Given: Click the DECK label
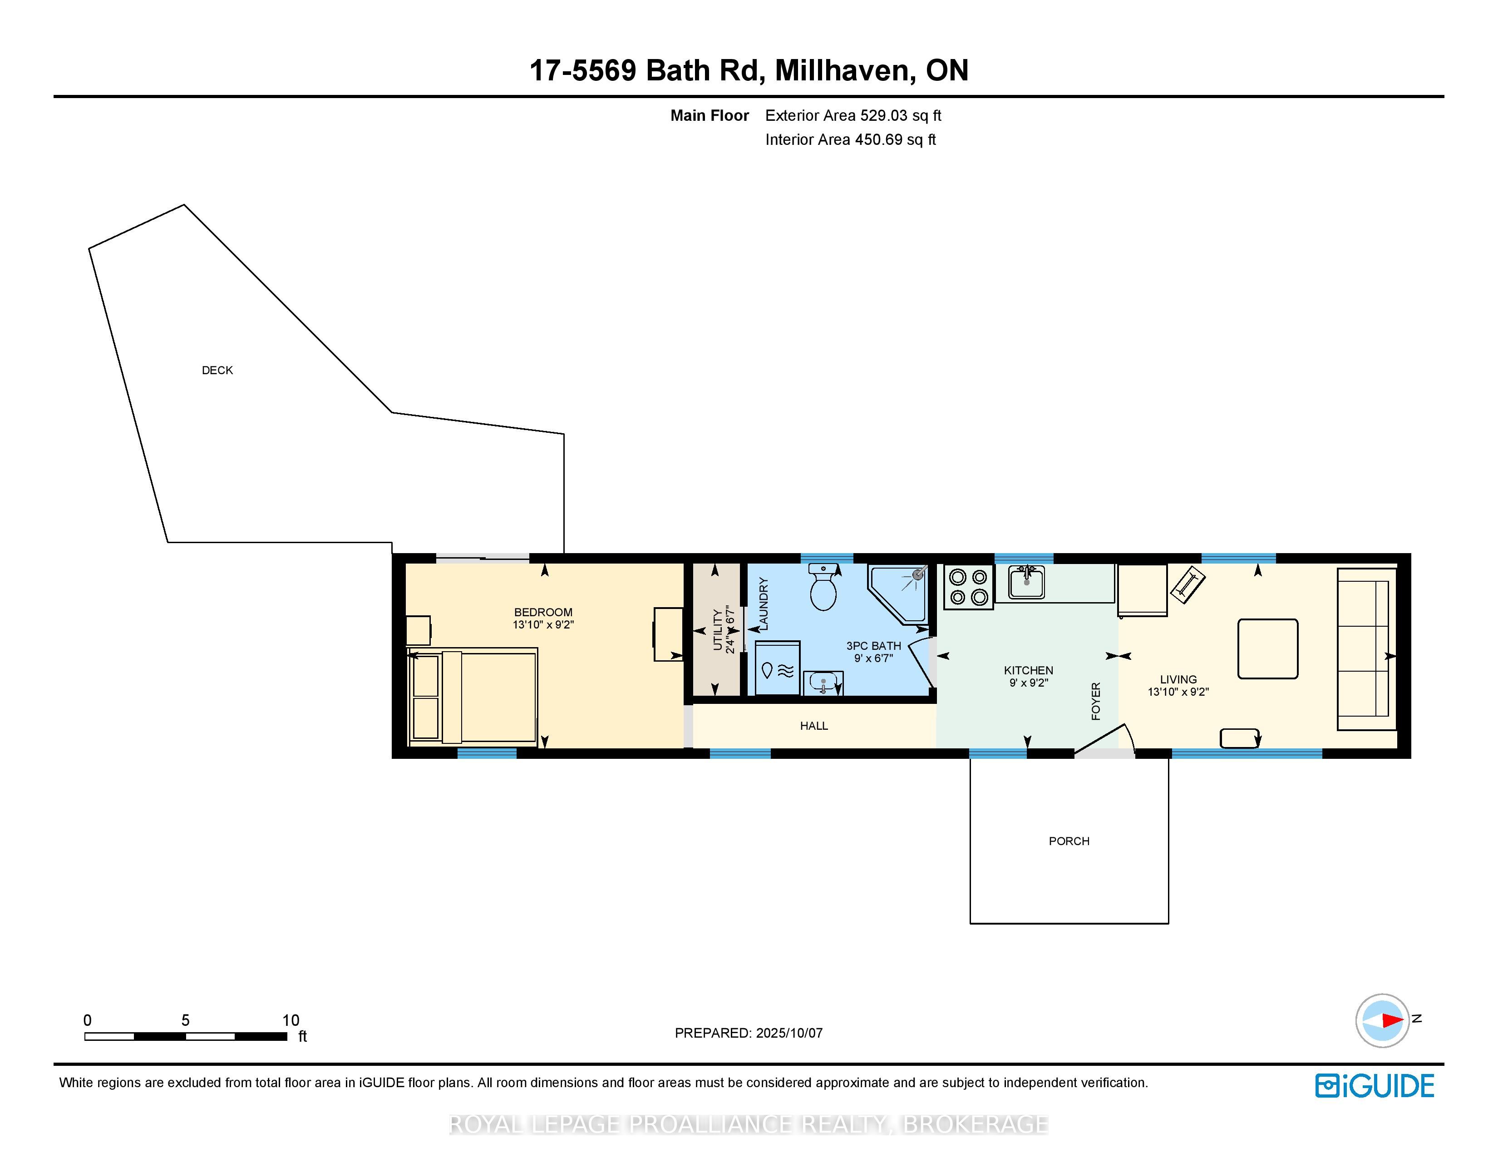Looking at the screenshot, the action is coord(217,371).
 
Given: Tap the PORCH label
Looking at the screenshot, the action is coord(1069,841).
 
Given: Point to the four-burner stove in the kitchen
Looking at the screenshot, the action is coord(968,587).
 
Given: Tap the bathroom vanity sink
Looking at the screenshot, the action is coord(823,683).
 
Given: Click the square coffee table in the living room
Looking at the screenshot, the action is coord(1267,649).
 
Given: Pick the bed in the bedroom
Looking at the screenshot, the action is coord(472,697).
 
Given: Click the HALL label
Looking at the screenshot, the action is coord(814,726).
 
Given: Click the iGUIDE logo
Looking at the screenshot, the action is coord(1375,1086).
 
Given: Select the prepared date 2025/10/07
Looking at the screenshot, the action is coord(789,1033).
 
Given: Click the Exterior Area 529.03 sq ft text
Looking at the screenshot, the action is coord(853,116).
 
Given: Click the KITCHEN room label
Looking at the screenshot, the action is coord(1028,670).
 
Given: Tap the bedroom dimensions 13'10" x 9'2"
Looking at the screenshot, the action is coord(543,625).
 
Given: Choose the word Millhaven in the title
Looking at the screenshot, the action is coord(845,71).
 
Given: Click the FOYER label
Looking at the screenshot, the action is coord(1095,701).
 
